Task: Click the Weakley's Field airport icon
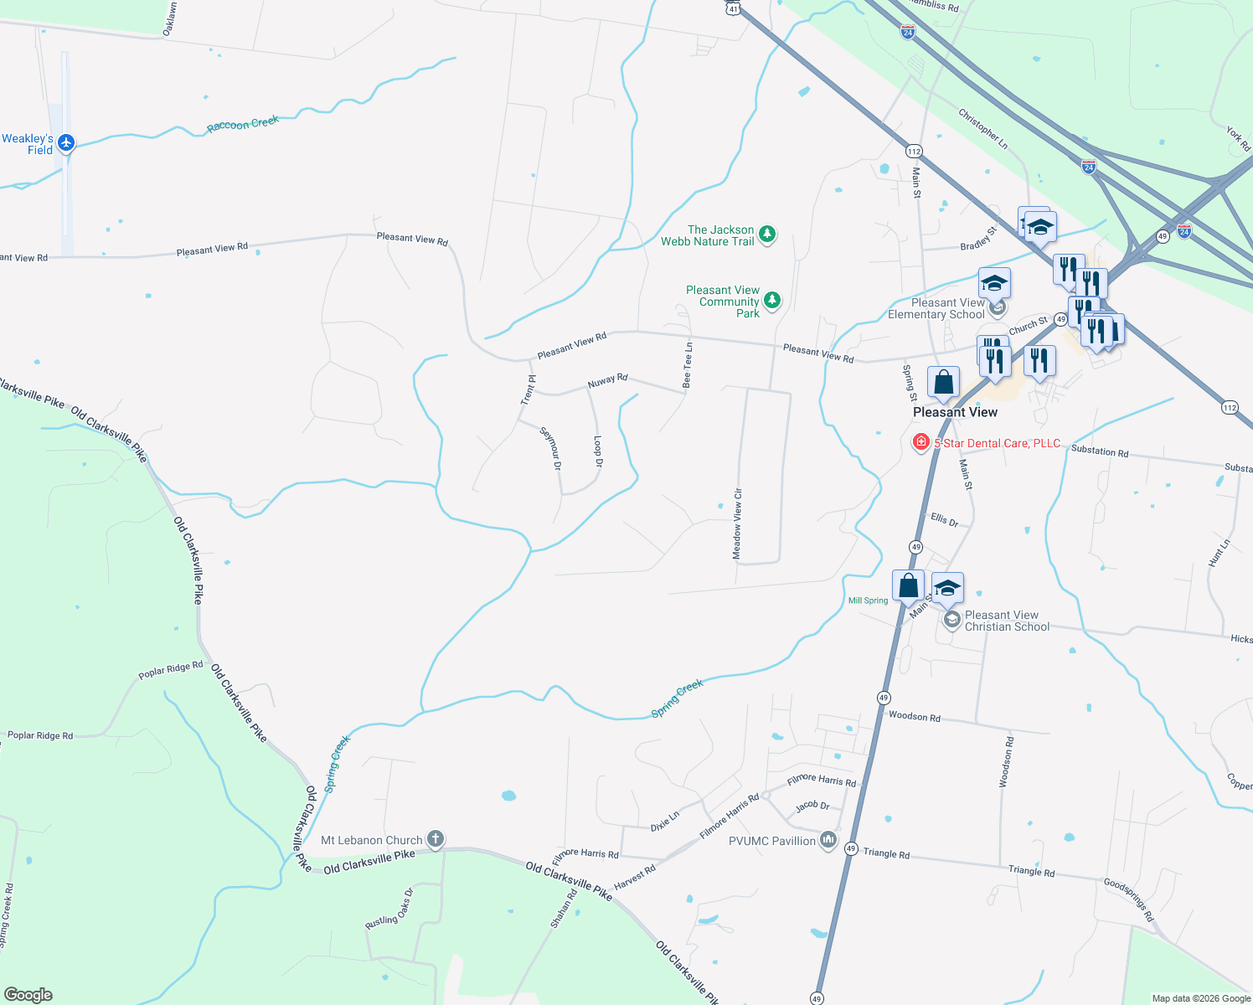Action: click(x=66, y=143)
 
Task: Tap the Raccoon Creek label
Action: click(x=243, y=124)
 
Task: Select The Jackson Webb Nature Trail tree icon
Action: click(x=767, y=234)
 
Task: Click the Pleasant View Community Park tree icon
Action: click(x=772, y=300)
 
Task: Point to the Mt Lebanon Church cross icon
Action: click(x=435, y=838)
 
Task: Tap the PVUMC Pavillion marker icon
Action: click(x=828, y=839)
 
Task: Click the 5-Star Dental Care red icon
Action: click(x=920, y=442)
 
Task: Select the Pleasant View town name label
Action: click(x=955, y=412)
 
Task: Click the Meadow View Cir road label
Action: click(x=737, y=523)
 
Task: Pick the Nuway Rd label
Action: click(x=607, y=381)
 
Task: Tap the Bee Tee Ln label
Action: click(x=688, y=364)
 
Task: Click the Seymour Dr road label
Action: click(x=550, y=448)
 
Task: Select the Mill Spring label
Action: click(x=868, y=600)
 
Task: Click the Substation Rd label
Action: click(x=1099, y=451)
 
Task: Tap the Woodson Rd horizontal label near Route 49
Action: click(x=914, y=716)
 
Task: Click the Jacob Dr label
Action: click(x=812, y=806)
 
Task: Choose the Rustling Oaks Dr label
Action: click(x=389, y=908)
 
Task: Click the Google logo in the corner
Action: click(x=28, y=995)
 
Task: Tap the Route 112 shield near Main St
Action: click(x=913, y=152)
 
